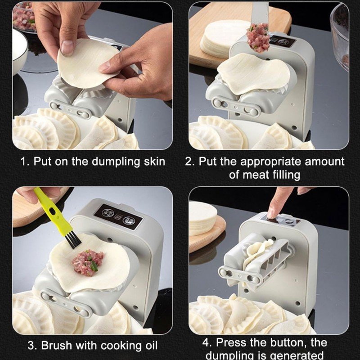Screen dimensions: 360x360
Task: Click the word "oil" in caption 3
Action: tap(150, 345)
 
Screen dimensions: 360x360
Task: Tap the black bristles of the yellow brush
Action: tap(73, 239)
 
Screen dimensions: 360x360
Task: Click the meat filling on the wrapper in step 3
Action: tap(88, 262)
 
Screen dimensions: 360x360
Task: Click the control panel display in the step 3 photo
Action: tap(119, 216)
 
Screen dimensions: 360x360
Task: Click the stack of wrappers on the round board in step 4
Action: tap(202, 218)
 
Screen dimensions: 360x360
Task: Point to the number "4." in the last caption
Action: tap(207, 342)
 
